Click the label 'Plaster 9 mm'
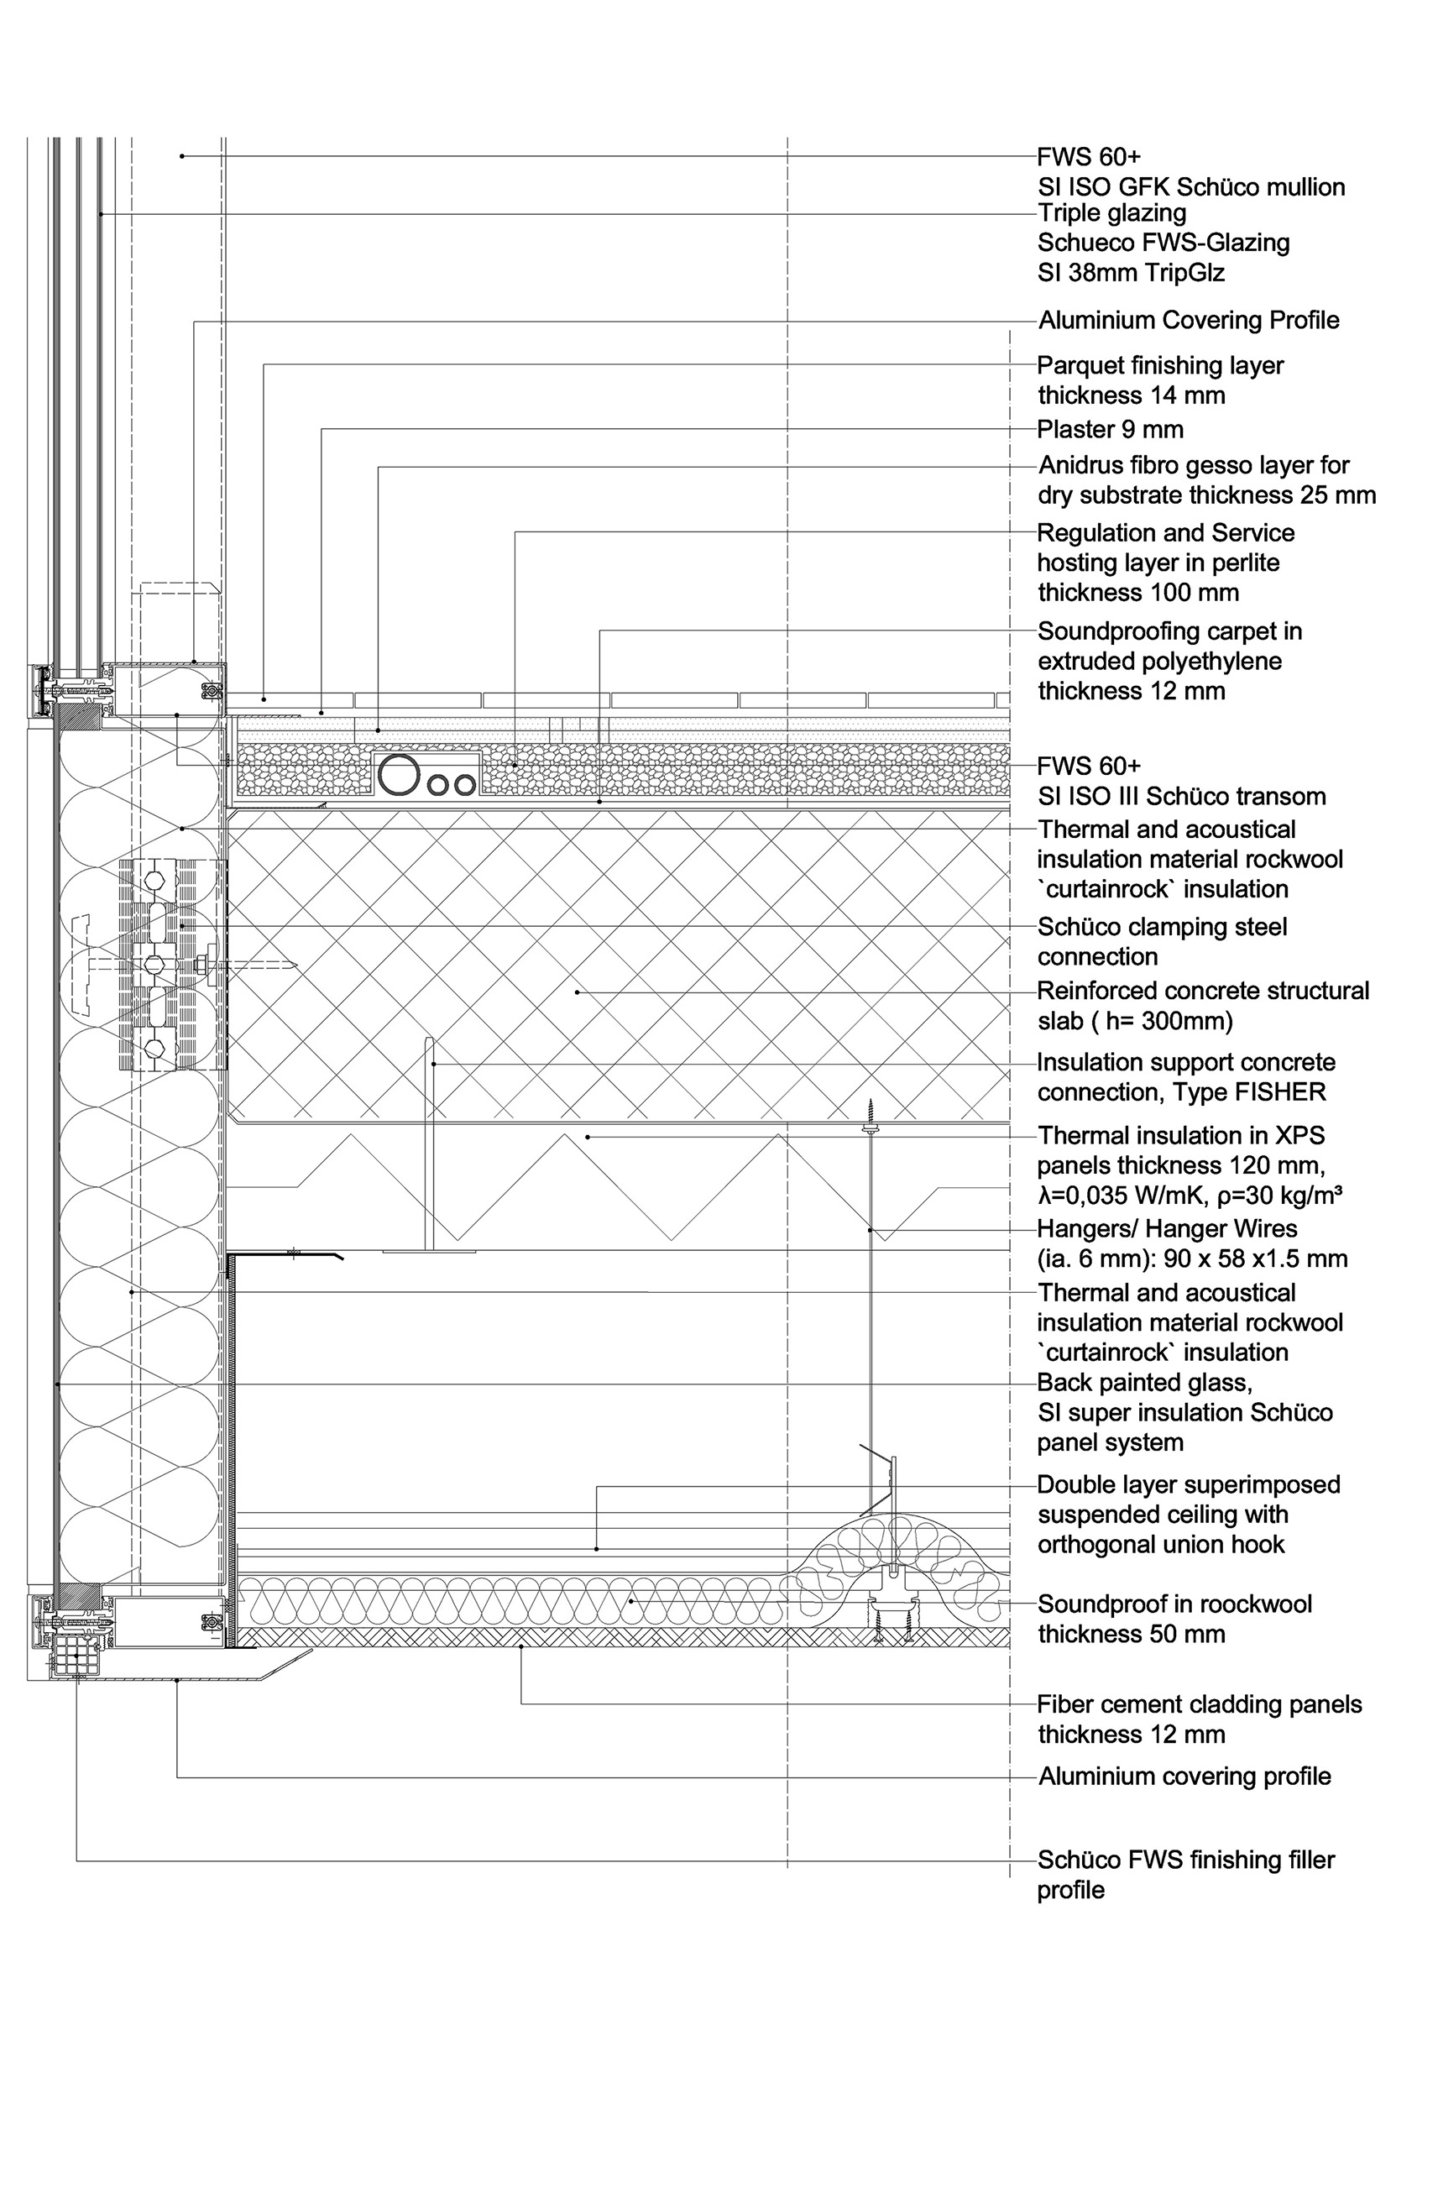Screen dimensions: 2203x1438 [x=1110, y=430]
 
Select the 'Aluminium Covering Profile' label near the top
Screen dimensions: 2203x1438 [x=1188, y=320]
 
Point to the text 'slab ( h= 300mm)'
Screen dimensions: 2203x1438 [x=1134, y=1021]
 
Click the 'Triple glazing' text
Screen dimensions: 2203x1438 [x=1111, y=213]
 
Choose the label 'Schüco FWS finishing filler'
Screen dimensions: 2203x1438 [x=1185, y=1860]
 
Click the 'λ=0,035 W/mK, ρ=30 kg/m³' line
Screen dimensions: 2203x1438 [x=1189, y=1195]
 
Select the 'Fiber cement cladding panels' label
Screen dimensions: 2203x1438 [x=1200, y=1704]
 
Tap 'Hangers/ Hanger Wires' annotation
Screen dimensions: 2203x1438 [x=1167, y=1228]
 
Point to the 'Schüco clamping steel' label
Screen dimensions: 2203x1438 [x=1161, y=927]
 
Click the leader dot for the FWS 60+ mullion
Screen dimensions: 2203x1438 [x=182, y=156]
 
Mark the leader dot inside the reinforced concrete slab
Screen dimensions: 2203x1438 [x=578, y=992]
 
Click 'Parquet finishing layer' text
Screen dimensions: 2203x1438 [x=1159, y=365]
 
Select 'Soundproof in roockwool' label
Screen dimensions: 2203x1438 [x=1174, y=1604]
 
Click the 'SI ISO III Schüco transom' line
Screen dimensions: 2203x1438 [x=1181, y=796]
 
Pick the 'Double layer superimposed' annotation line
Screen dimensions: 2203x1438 [x=1188, y=1484]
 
